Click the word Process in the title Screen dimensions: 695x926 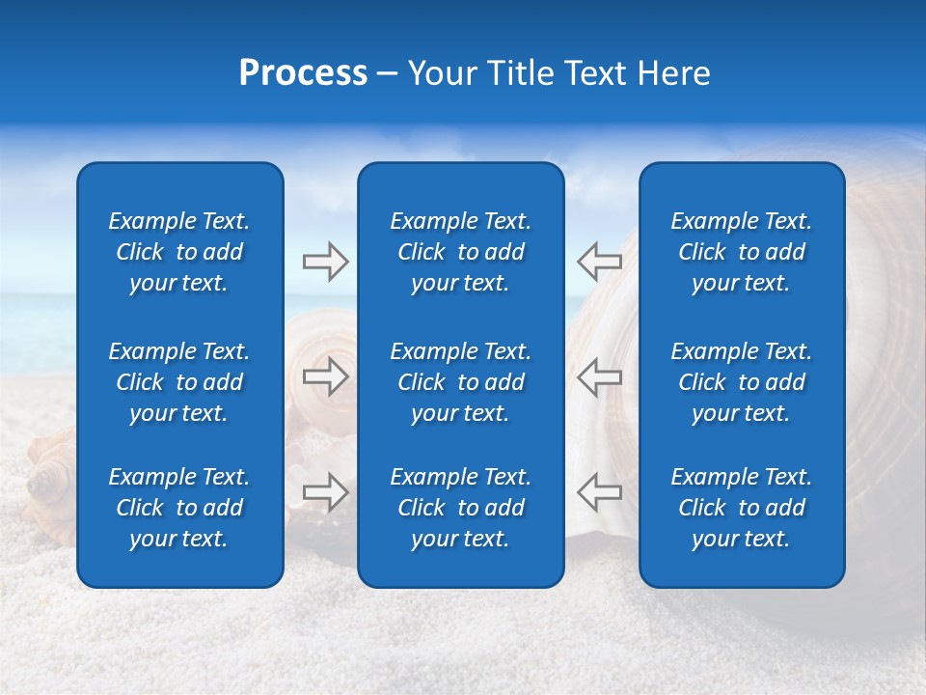pos(303,73)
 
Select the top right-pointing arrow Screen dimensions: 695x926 pos(325,262)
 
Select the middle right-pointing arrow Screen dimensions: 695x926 pos(325,376)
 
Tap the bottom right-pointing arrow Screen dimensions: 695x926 pos(325,492)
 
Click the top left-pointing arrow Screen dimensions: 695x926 pos(599,261)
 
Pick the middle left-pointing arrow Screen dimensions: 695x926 pos(599,376)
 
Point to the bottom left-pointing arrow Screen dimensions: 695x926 pos(599,491)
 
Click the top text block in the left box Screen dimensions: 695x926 pos(179,252)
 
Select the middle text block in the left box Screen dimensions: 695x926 pos(179,382)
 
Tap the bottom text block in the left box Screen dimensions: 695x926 pos(179,508)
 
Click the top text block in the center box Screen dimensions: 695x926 pos(461,252)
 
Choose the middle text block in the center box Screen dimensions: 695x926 pos(461,382)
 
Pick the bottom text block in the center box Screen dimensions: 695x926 pos(461,508)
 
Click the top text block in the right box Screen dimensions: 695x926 pos(742,252)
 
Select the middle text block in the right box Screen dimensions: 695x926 pos(742,382)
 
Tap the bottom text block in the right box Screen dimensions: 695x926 pos(742,508)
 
